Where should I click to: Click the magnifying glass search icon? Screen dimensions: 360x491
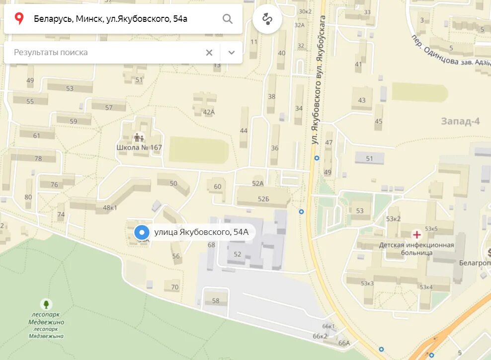(227, 19)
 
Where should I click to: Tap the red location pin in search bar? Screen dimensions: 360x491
(19, 19)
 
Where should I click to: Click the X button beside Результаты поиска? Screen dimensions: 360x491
(209, 53)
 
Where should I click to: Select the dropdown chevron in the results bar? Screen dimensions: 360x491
(231, 53)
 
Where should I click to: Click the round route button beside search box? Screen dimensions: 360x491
(267, 19)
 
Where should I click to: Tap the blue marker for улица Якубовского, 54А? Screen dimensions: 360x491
(142, 232)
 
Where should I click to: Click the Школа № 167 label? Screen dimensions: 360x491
(139, 147)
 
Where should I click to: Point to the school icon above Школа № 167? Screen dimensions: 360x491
(139, 137)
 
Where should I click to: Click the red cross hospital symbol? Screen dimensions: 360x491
(416, 234)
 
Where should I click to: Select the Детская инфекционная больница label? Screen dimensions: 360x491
(416, 249)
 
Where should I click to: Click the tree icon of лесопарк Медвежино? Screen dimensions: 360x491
(46, 303)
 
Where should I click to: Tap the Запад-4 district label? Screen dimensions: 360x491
(460, 121)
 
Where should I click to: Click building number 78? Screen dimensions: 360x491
(38, 158)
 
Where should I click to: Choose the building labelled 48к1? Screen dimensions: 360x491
(109, 208)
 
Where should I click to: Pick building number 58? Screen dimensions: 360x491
(216, 300)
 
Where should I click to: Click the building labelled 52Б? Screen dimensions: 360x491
(263, 199)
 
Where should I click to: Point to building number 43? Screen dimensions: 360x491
(362, 100)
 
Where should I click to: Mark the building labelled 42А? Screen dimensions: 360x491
(209, 112)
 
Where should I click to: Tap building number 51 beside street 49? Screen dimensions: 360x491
(369, 158)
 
